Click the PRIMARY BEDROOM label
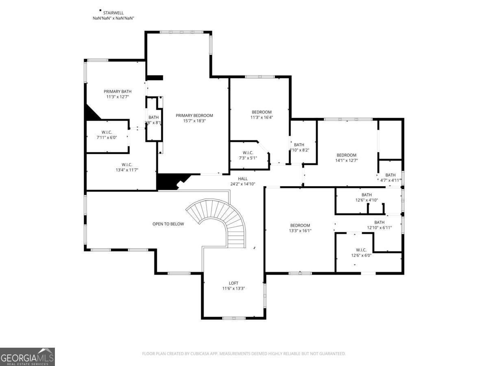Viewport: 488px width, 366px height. pos(194,115)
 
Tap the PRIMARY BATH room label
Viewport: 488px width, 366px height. pos(118,91)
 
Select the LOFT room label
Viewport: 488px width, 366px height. pos(233,283)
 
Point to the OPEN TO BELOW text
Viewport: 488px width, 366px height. pos(168,224)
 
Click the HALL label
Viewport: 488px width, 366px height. pos(243,179)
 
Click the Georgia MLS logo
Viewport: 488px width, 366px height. pos(27,357)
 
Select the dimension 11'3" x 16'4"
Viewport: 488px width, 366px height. pos(261,118)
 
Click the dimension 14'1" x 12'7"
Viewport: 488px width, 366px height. pos(346,160)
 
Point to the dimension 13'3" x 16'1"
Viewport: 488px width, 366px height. pos(300,231)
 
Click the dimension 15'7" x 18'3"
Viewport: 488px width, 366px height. pos(194,121)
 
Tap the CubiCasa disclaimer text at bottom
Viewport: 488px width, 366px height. pos(244,354)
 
